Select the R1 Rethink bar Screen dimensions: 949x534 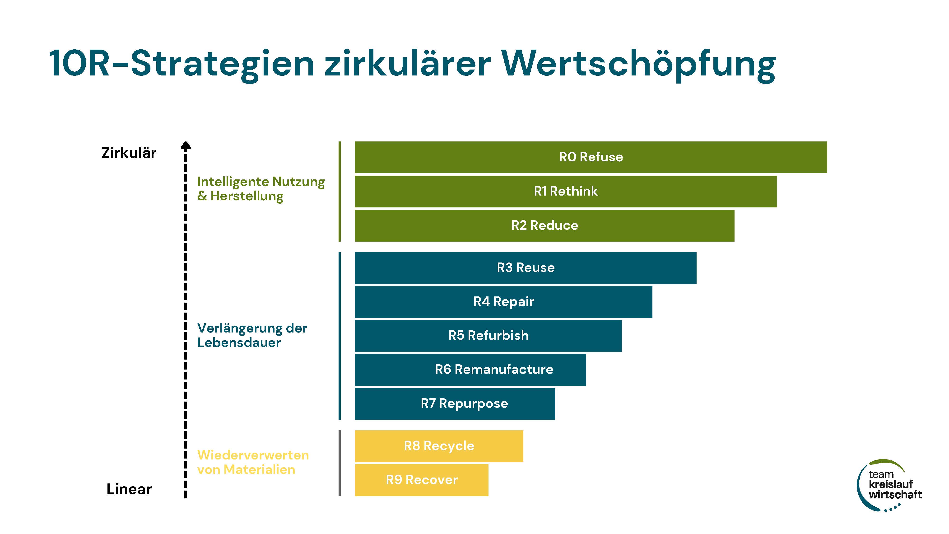pos(566,191)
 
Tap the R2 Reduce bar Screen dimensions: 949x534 pos(544,225)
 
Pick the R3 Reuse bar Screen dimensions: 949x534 pos(526,268)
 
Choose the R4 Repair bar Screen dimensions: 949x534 pos(504,302)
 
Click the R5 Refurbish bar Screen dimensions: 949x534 pos(488,336)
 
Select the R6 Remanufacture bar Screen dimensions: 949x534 pos(470,370)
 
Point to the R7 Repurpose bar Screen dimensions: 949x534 pos(455,403)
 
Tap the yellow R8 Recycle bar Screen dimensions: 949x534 pos(439,446)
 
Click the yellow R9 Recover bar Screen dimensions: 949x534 pos(421,480)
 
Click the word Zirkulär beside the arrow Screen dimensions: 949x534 pos(129,153)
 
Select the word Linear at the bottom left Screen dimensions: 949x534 pos(129,489)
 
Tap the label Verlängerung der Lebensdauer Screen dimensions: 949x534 pos(252,335)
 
